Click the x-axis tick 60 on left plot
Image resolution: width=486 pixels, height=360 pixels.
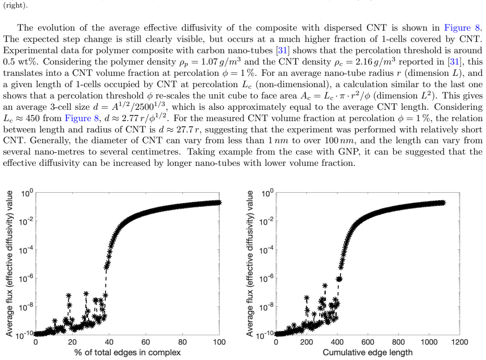point(146,342)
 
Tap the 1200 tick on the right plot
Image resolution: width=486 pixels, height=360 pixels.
point(459,342)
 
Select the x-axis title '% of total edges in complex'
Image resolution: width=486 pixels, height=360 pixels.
point(127,352)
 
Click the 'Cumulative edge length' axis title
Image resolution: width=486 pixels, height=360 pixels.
point(368,352)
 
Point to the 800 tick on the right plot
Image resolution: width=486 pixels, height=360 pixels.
point(398,342)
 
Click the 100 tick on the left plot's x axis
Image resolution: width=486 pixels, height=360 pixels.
point(219,342)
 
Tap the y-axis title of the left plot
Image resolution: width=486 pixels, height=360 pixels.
point(9,264)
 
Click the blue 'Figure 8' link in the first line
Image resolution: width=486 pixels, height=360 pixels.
point(462,28)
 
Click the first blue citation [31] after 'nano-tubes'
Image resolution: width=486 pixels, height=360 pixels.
point(282,50)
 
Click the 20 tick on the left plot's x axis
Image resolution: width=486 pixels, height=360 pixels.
point(72,342)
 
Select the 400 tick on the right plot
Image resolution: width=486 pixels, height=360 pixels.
point(337,342)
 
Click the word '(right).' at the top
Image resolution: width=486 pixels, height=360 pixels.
point(15,6)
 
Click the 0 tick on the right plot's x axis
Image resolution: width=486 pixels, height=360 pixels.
point(276,342)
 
